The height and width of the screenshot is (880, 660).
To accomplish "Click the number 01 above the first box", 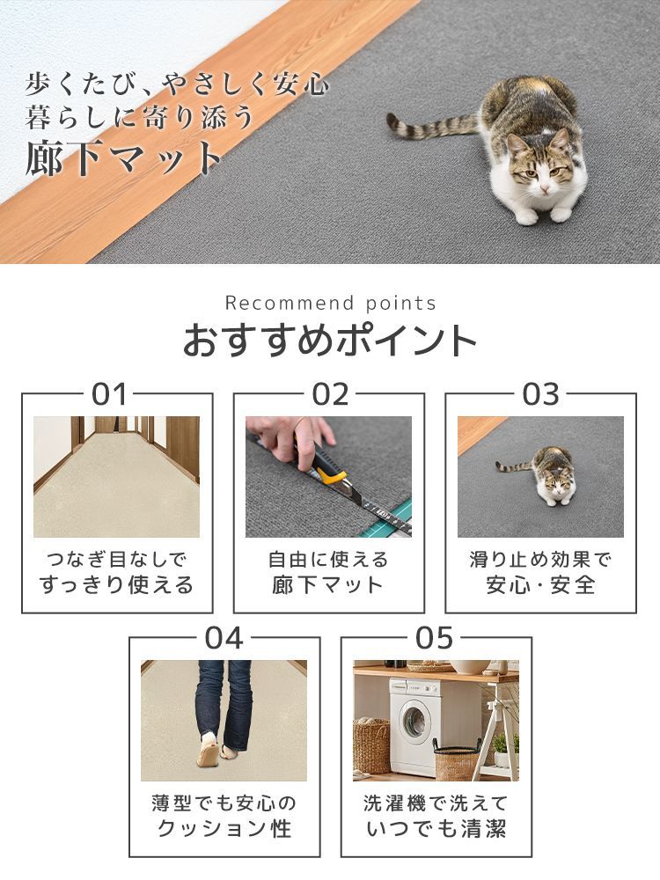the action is click(x=109, y=394).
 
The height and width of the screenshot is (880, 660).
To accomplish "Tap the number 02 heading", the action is click(x=331, y=394).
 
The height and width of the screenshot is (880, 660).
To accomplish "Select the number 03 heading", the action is click(x=540, y=394).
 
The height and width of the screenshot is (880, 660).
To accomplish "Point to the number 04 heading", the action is click(x=224, y=638).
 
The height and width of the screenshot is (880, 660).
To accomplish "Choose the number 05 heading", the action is click(x=435, y=638).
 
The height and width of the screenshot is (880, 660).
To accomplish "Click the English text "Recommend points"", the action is click(x=330, y=303).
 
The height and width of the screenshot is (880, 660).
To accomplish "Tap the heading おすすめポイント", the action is click(x=330, y=341).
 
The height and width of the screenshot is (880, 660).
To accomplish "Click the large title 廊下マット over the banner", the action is click(x=124, y=158).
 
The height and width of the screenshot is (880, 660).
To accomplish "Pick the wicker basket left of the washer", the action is click(x=371, y=746).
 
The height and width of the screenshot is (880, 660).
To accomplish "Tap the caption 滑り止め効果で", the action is click(x=540, y=560).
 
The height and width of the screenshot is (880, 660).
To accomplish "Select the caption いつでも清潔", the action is click(x=436, y=828).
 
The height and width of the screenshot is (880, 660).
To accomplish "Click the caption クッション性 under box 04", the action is click(x=224, y=828).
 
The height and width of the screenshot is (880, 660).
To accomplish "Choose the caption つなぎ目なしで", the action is click(x=116, y=560).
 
